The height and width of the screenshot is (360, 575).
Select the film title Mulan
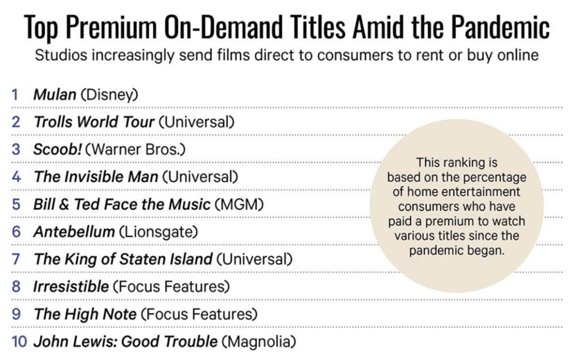pos(55,94)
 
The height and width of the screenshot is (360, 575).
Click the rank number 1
pos(15,94)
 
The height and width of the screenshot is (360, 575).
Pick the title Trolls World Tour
pos(94,122)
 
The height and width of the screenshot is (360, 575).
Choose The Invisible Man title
pos(96,177)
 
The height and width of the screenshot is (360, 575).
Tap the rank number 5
pos(16,204)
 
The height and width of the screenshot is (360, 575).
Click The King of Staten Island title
pos(123,259)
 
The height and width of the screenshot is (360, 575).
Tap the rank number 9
pos(16,314)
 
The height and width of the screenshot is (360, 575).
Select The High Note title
pos(85,314)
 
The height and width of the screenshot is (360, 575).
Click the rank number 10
pos(19,341)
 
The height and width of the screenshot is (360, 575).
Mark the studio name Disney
pos(109,94)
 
